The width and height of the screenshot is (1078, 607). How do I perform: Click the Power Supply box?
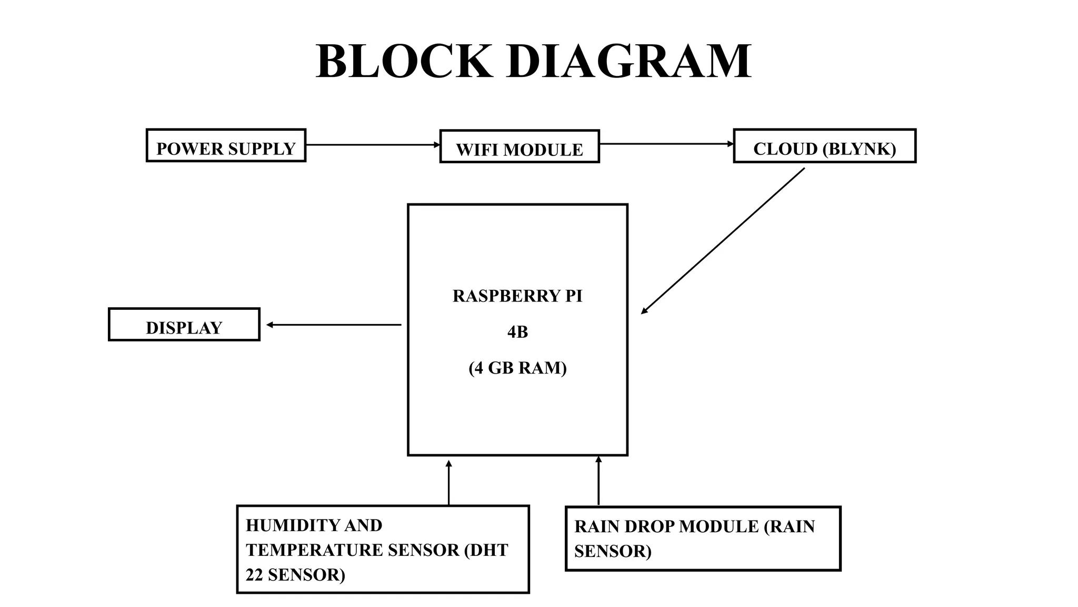pos(226,145)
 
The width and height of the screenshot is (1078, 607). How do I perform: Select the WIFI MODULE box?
pos(519,146)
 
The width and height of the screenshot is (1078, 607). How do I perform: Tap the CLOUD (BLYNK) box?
pos(824,146)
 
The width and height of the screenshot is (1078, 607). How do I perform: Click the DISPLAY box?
pos(184,325)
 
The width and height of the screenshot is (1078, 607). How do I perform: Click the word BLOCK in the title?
pos(404,62)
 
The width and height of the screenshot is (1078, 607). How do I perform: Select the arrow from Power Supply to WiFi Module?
pos(372,145)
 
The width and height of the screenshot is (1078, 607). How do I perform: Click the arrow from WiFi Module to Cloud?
pos(666,144)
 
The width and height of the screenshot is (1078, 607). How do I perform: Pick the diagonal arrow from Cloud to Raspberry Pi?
pos(723,241)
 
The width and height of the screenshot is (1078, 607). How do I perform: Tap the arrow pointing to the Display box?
pos(334,325)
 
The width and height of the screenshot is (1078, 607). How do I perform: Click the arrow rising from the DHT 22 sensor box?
pos(448,483)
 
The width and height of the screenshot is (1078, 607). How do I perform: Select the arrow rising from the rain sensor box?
pos(598,481)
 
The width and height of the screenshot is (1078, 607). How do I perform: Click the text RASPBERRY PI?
pos(517,296)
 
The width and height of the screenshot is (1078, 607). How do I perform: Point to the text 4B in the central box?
pos(517,332)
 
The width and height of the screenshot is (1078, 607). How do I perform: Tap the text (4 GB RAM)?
pos(517,368)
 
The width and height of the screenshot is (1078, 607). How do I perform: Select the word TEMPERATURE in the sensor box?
pos(314,550)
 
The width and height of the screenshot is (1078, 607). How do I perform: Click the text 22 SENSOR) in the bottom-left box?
pos(295,575)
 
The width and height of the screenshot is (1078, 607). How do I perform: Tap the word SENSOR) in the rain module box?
pos(613,551)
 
